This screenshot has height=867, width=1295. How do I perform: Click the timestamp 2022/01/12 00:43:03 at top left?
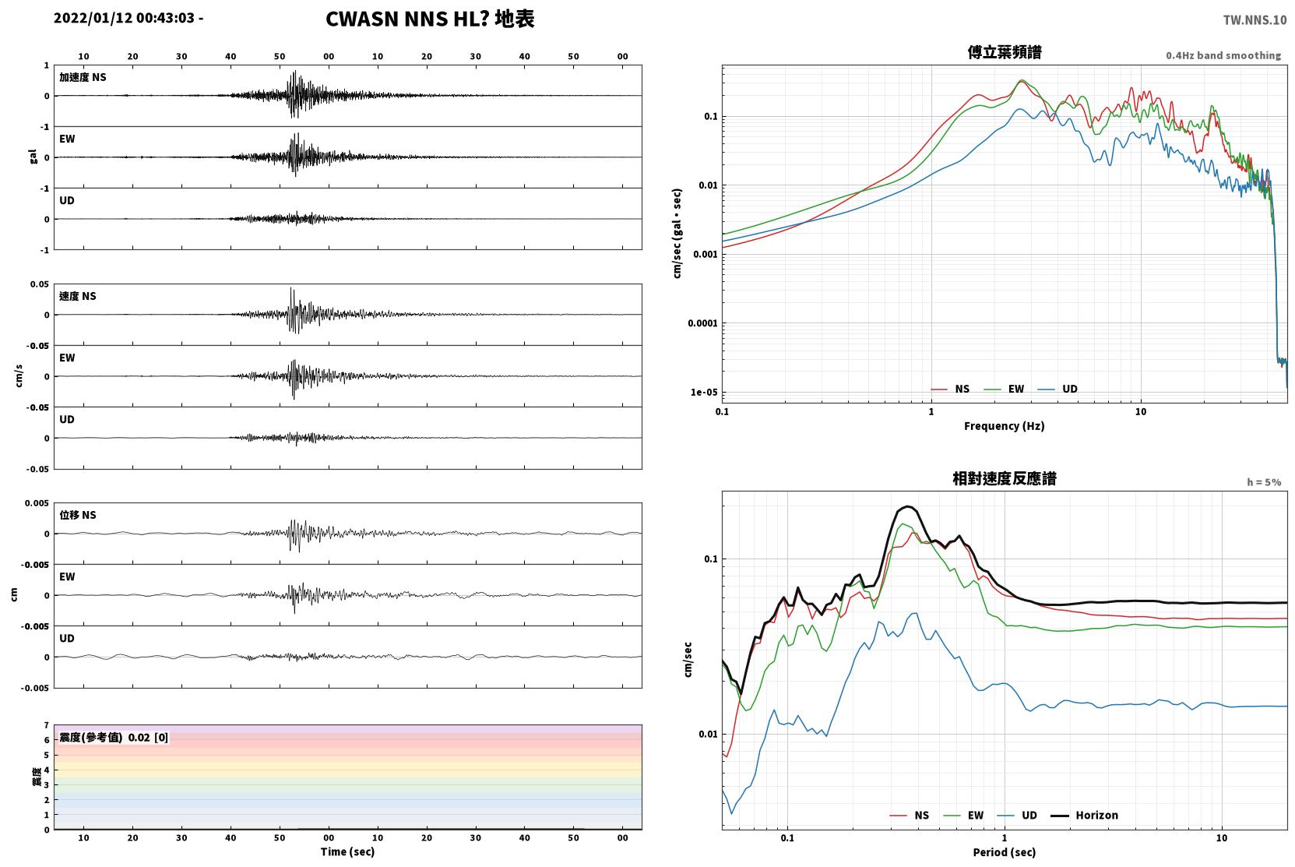[125, 18]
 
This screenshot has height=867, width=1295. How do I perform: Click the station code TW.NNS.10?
[1255, 20]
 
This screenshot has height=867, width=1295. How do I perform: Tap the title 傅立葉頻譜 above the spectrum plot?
[1005, 52]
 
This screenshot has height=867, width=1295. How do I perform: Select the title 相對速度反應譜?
[1005, 478]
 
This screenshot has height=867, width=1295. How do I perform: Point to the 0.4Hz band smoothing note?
[1223, 55]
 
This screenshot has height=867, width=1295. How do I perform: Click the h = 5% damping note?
[1264, 482]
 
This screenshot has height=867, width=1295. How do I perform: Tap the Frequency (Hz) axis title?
[1005, 426]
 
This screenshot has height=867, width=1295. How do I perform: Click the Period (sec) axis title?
[1005, 852]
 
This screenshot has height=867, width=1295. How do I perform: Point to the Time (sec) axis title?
[347, 851]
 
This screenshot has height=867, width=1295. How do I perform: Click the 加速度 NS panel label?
[83, 77]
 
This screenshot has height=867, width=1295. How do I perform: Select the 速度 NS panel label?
[77, 296]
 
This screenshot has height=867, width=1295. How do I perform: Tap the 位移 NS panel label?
[77, 515]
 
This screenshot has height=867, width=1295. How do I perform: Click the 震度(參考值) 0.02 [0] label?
[114, 738]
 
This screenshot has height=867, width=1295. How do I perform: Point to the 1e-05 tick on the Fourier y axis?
[704, 392]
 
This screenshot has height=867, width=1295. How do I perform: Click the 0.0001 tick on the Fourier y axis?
[702, 323]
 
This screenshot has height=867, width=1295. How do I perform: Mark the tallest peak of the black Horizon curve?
[908, 506]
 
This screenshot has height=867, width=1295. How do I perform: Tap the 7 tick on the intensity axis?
[46, 725]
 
